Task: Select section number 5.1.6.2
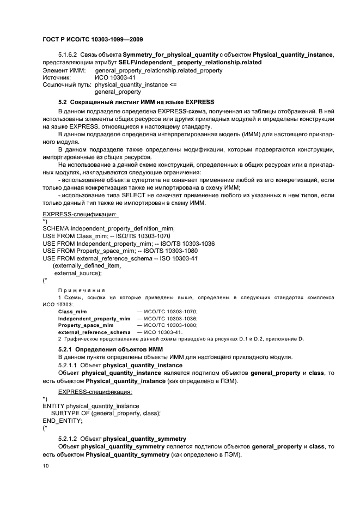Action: (69, 56)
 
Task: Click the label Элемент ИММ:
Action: (64, 71)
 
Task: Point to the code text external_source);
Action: (78, 274)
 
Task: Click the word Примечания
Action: (82, 290)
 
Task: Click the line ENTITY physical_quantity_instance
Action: (91, 406)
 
